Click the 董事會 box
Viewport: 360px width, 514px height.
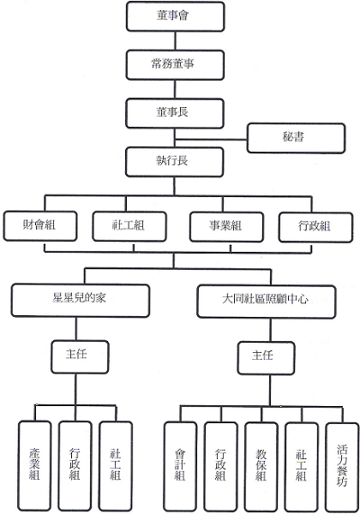[176, 16]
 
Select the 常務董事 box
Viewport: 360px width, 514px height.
[175, 64]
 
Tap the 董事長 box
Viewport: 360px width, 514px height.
[175, 113]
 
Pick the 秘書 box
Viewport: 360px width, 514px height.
[296, 138]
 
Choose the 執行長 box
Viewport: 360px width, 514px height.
[174, 162]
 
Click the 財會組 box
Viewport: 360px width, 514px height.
[40, 226]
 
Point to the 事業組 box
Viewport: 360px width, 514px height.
[226, 227]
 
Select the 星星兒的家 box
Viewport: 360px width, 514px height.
[81, 301]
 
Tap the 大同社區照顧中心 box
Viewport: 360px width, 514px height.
[267, 302]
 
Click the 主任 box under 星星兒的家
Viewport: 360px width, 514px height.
[80, 357]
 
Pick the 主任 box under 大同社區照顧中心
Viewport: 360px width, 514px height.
[266, 358]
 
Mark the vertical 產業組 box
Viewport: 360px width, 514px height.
[35, 466]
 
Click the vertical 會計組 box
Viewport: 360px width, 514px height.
[180, 467]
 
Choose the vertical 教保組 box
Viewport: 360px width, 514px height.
[261, 468]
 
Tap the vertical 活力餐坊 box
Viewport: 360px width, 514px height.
[342, 468]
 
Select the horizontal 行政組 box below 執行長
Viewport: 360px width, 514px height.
[315, 227]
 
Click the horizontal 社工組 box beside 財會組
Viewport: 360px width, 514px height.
[129, 226]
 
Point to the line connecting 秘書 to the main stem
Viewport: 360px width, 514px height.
[211, 140]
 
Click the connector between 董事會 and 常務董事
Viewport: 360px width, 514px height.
[175, 40]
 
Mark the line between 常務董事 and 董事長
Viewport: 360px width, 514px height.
[175, 89]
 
